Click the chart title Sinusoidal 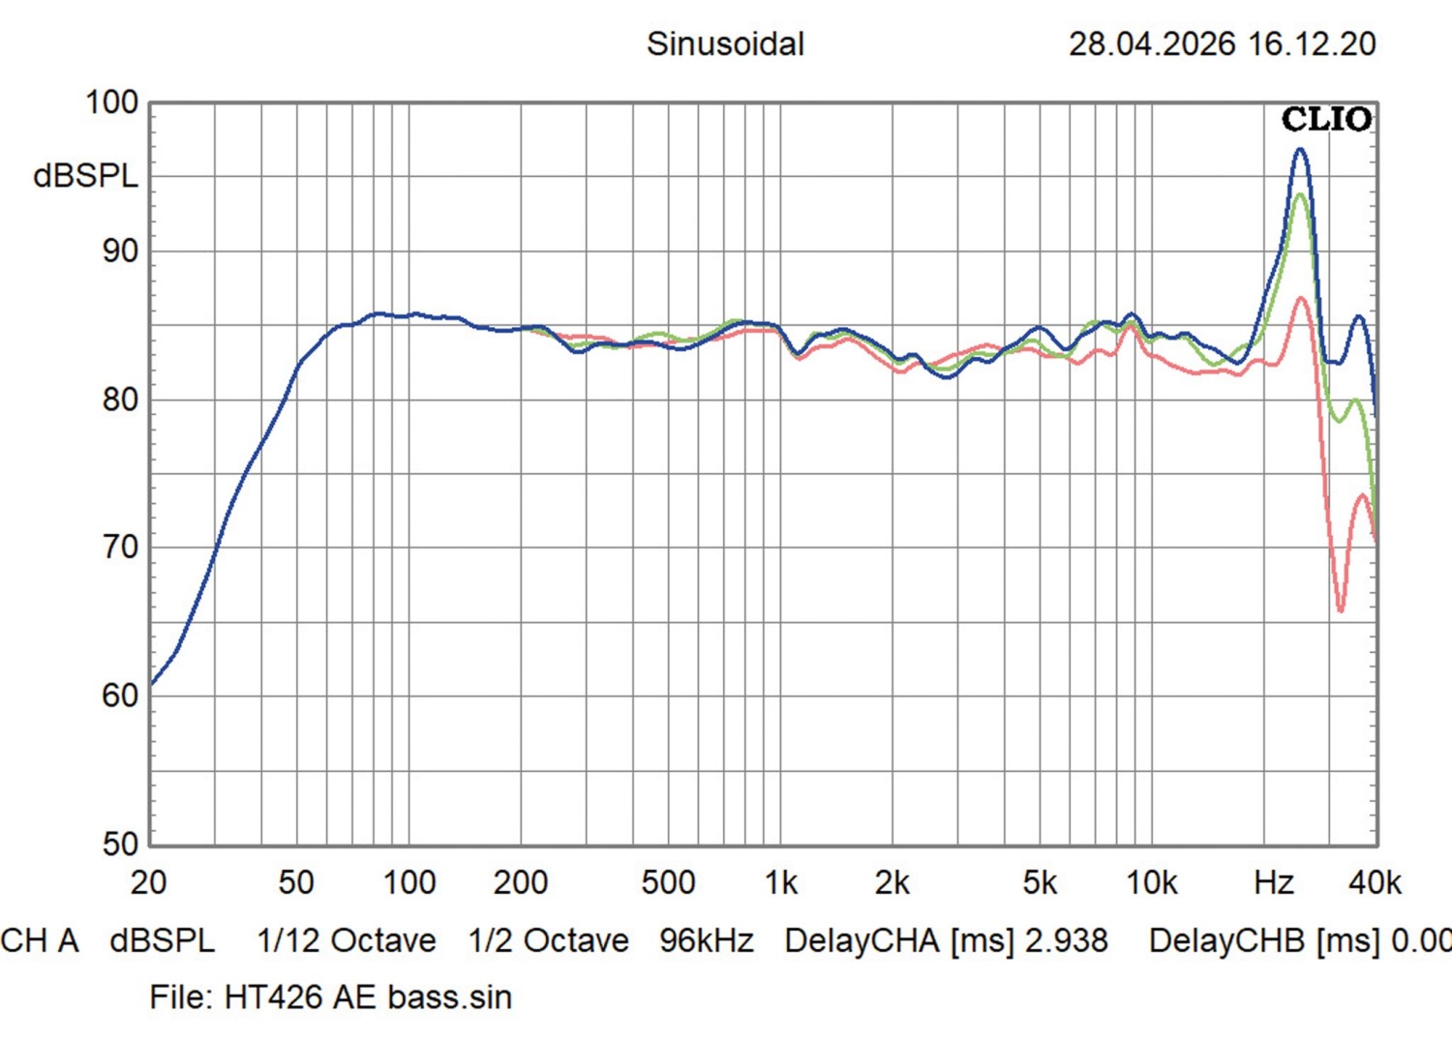(725, 45)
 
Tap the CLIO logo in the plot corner (1326, 119)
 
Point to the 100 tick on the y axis (112, 103)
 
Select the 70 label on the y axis (121, 548)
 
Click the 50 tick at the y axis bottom (121, 844)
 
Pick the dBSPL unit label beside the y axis (85, 176)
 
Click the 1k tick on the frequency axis (781, 882)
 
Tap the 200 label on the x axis (521, 882)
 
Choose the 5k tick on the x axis (1040, 882)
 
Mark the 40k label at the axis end (1375, 882)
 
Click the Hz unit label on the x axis (1274, 882)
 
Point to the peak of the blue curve (1300, 150)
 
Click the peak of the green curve (1300, 194)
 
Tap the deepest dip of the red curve (1341, 610)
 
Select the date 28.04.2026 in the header (1152, 45)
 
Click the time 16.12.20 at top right (1312, 45)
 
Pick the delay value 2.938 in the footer (1067, 940)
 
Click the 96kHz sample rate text (707, 940)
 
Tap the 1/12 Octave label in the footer (347, 940)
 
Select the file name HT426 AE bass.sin (368, 996)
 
